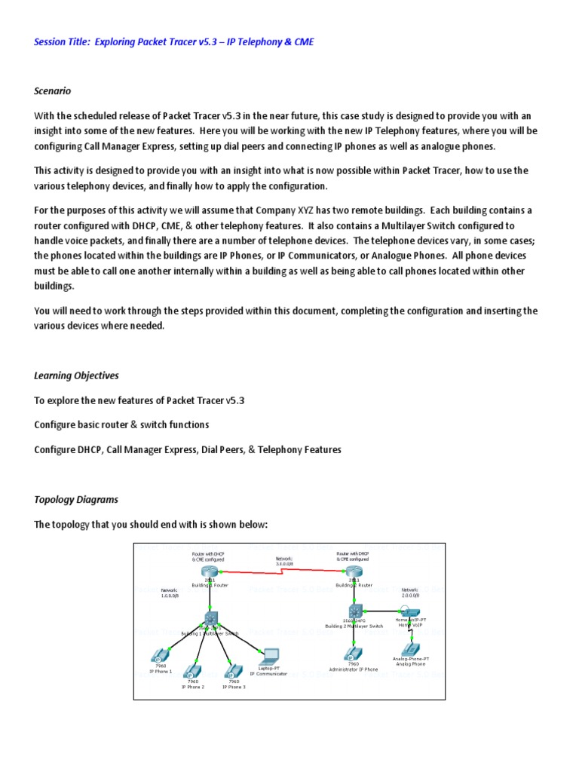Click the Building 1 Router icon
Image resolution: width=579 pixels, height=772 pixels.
[x=208, y=571]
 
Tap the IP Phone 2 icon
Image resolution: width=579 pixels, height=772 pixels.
[x=192, y=669]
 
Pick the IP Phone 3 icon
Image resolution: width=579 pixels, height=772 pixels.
[x=233, y=669]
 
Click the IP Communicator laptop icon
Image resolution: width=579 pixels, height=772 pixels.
[x=268, y=654]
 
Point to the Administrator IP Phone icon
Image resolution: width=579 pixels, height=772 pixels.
[x=353, y=653]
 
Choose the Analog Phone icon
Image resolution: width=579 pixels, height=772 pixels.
[x=411, y=647]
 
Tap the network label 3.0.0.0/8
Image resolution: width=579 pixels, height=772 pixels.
[x=284, y=562]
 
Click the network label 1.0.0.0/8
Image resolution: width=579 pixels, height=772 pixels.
[x=170, y=593]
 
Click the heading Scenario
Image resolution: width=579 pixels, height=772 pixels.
[x=52, y=90]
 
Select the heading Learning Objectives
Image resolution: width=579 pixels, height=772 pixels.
[x=76, y=375]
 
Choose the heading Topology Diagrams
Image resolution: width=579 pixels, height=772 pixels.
[x=76, y=499]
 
